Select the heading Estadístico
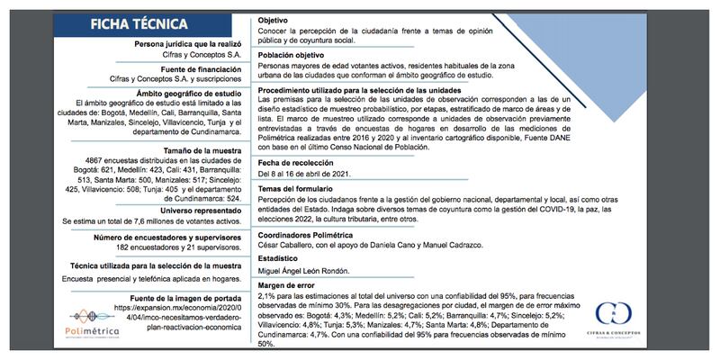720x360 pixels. coord(279,258)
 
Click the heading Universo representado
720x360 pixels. coord(191,209)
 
